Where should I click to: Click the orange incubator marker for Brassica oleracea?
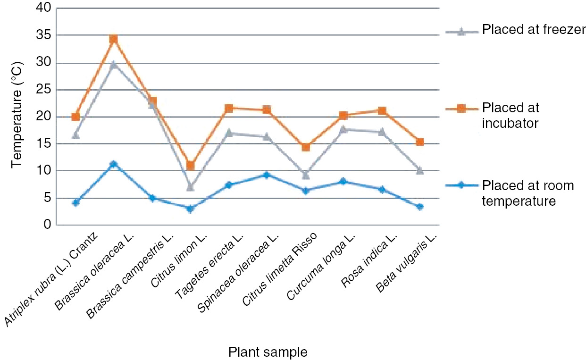point(114,39)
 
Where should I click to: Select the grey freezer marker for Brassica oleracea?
point(114,64)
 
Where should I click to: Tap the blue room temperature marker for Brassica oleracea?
point(114,164)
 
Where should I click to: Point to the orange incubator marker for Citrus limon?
point(191,166)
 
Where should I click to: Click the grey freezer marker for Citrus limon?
point(191,187)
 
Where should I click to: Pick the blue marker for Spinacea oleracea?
point(267,175)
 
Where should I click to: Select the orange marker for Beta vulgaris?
point(419,142)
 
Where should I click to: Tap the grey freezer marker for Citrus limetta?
point(305,175)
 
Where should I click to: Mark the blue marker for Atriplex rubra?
point(75,202)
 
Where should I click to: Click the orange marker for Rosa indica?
point(382,111)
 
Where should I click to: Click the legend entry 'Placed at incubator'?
point(510,115)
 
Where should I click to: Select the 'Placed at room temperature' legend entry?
point(527,193)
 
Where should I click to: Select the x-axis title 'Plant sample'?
point(268,352)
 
